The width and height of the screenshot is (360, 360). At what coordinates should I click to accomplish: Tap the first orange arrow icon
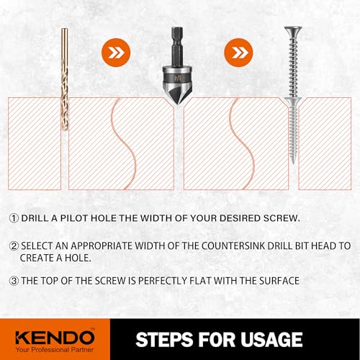pos(114,53)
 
